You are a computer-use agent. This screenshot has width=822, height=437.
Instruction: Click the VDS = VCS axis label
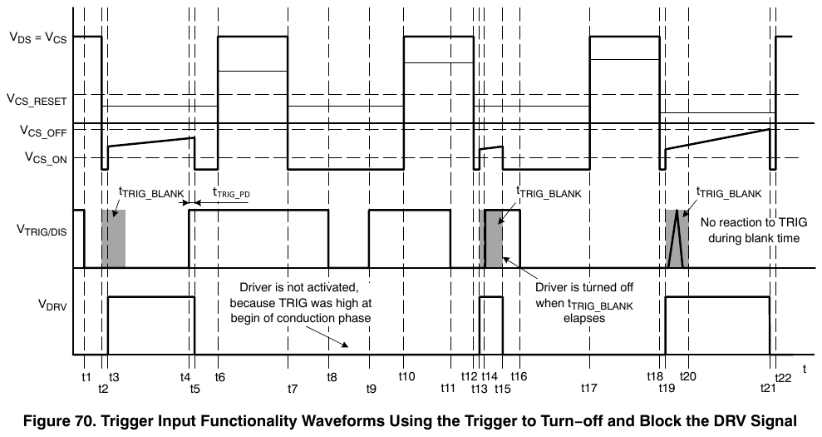[x=38, y=37]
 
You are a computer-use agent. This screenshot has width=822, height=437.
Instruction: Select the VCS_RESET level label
[x=37, y=99]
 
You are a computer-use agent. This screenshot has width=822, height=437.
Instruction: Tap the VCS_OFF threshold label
[x=43, y=131]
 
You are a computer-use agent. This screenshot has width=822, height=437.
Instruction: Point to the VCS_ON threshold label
[x=47, y=157]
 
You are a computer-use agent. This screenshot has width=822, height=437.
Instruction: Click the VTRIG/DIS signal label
[x=42, y=230]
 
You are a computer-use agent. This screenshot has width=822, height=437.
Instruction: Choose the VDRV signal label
[x=52, y=305]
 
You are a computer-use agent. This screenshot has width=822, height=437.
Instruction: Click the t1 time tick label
[x=86, y=376]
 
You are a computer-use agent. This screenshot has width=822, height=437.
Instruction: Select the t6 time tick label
[x=220, y=376]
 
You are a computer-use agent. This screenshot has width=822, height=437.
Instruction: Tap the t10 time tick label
[x=406, y=376]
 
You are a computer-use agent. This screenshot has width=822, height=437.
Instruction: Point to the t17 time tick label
[x=589, y=389]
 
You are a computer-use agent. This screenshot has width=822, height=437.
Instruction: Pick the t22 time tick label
[x=783, y=378]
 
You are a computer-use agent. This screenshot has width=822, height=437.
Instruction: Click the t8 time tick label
[x=332, y=376]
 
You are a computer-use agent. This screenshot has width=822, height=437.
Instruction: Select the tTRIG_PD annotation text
[x=231, y=193]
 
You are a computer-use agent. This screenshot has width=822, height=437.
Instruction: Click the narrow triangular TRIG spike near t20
[x=677, y=239]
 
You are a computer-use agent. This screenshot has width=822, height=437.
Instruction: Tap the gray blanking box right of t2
[x=113, y=238]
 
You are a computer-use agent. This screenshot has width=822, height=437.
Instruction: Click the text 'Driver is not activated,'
[x=299, y=288]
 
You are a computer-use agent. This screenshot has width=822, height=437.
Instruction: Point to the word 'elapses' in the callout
[x=584, y=318]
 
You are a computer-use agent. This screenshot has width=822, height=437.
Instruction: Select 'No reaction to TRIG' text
[x=754, y=223]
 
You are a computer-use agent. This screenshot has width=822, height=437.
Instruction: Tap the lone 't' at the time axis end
[x=805, y=370]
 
